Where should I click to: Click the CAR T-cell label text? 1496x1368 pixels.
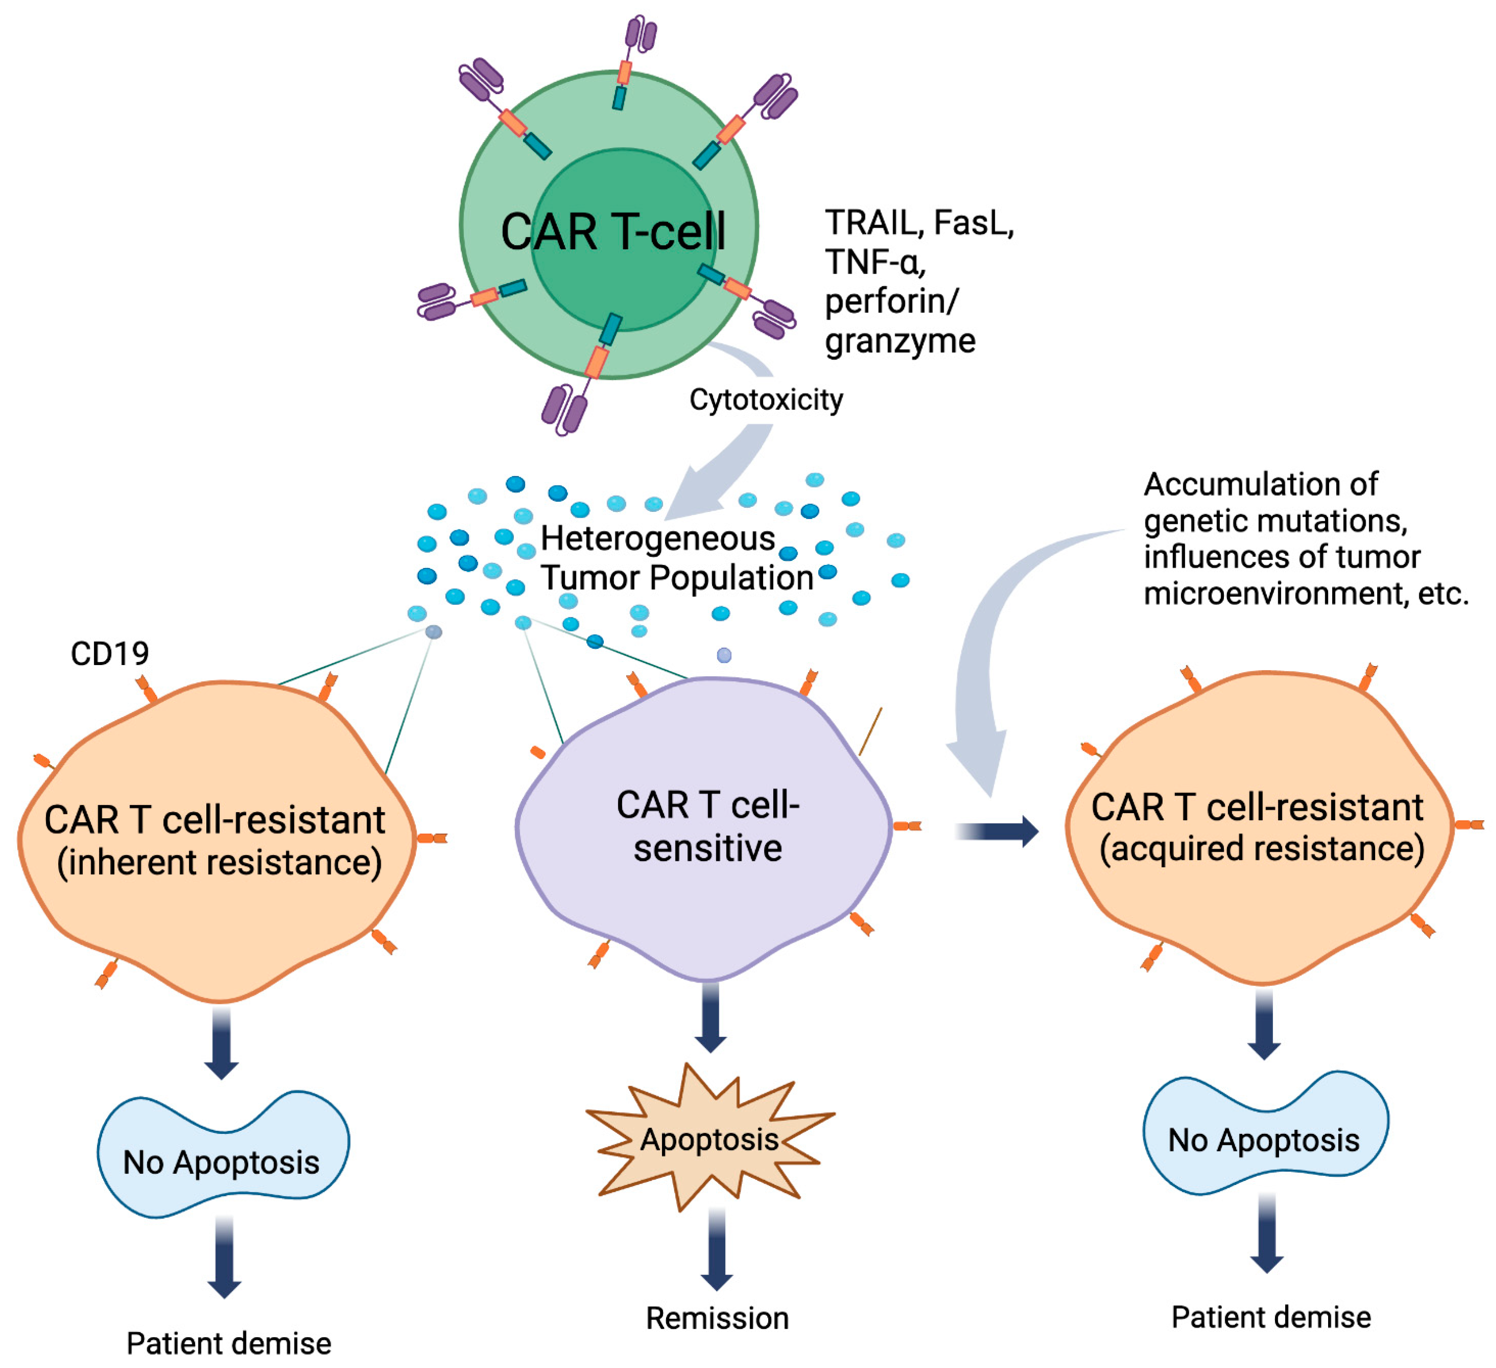pyautogui.click(x=613, y=232)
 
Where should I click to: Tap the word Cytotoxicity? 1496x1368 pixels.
pyautogui.click(x=766, y=400)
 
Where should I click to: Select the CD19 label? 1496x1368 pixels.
pyautogui.click(x=109, y=653)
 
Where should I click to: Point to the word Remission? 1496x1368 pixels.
pyautogui.click(x=717, y=1318)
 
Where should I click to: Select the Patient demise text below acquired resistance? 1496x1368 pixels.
pyautogui.click(x=1271, y=1317)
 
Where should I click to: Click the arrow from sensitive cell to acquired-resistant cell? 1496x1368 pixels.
pyautogui.click(x=998, y=831)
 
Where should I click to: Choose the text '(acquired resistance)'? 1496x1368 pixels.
pyautogui.click(x=1261, y=849)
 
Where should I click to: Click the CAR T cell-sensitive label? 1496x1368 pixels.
pyautogui.click(x=708, y=826)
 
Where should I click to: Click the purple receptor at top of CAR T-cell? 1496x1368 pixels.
pyautogui.click(x=640, y=33)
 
